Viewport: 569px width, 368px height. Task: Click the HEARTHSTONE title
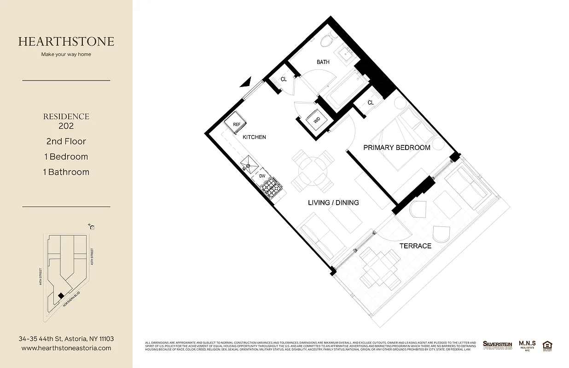(66, 41)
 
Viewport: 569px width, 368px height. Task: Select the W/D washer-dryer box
(317, 121)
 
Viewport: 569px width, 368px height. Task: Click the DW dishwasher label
(262, 176)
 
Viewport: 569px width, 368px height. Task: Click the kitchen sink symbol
(249, 163)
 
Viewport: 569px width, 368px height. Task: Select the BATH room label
(323, 62)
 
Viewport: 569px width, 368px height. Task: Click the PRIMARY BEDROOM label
(396, 148)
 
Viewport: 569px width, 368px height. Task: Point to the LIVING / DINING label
(333, 202)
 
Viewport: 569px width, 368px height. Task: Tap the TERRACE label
(415, 246)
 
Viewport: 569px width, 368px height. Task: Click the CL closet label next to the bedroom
(371, 103)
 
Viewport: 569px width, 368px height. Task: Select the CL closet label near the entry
(284, 79)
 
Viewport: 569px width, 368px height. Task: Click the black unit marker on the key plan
(61, 295)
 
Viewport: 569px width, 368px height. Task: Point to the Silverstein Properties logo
(497, 345)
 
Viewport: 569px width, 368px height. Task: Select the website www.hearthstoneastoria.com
(66, 348)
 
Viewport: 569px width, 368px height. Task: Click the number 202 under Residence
(66, 126)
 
